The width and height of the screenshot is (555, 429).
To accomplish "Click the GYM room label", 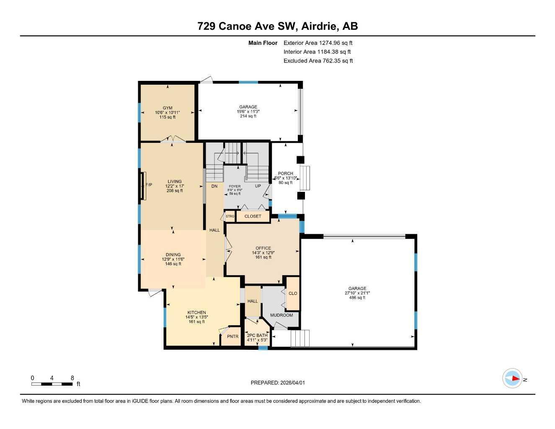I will coord(168,108).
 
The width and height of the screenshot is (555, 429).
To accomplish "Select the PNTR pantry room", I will coord(232,336).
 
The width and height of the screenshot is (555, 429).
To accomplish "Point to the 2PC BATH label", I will coord(257,335).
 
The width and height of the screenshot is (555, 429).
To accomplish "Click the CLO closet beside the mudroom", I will coord(293,293).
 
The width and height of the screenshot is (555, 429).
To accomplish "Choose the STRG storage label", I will coord(230,216).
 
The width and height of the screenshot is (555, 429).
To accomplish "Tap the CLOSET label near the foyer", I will coord(253,216).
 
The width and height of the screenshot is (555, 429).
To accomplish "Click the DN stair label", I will coord(214,186).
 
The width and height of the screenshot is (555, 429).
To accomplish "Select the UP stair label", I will coord(258,186).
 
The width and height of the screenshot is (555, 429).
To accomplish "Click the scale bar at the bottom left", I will coord(52,384).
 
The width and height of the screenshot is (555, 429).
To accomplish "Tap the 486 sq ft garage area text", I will coord(357,298).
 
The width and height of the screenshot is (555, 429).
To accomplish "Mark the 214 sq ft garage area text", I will coord(248,116).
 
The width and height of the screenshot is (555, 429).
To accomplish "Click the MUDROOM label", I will coord(281,315).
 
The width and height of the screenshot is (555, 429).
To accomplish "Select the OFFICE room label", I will coord(263,248).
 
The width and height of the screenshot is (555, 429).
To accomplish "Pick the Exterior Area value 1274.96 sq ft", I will coord(336,43).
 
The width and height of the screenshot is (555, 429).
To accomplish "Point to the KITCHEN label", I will coord(196,313).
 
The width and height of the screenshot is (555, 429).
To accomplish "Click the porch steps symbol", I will coord(305,178).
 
